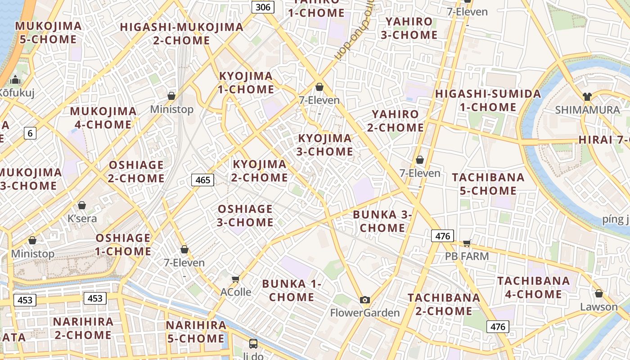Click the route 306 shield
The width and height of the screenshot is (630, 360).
click(x=263, y=7)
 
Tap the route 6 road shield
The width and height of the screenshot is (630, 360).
click(x=30, y=133)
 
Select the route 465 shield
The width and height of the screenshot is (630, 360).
click(x=203, y=180)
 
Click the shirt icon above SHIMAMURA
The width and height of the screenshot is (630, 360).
click(x=587, y=96)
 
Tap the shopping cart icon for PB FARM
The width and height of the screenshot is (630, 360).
click(x=467, y=243)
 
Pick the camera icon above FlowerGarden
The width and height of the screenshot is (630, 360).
click(x=365, y=300)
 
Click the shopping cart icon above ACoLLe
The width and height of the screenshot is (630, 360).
click(x=235, y=279)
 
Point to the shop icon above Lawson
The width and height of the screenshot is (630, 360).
click(x=598, y=293)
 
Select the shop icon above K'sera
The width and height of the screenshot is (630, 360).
click(x=82, y=205)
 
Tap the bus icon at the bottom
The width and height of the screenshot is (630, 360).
click(x=253, y=344)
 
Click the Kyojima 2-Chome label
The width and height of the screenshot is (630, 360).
click(x=260, y=171)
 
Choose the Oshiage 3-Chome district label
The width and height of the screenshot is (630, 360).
click(x=245, y=216)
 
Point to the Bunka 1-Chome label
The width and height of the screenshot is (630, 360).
click(x=292, y=290)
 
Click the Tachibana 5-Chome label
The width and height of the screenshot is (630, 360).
click(x=488, y=184)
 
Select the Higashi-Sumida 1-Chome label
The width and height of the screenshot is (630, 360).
click(x=488, y=100)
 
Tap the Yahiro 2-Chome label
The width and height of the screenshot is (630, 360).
click(x=396, y=121)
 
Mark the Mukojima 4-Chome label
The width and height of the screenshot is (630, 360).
click(x=103, y=118)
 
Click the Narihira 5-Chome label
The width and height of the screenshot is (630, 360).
click(x=196, y=332)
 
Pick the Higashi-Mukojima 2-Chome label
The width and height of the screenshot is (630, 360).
click(x=182, y=34)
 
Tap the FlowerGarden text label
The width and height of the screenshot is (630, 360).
click(x=365, y=313)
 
